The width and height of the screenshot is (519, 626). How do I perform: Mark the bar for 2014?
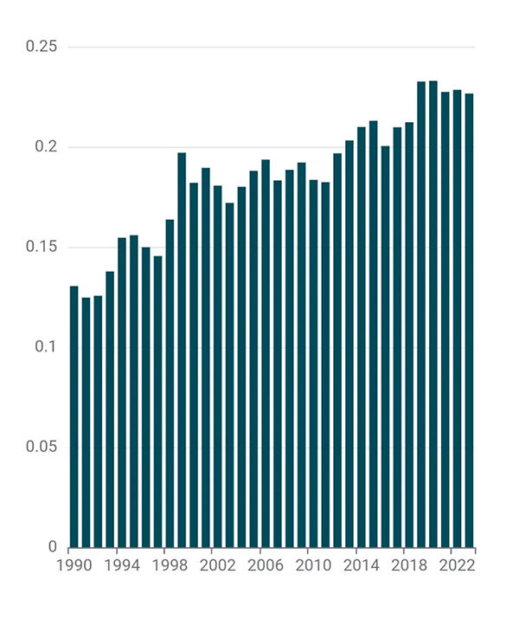(362, 337)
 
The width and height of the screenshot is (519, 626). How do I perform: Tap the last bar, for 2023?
(469, 320)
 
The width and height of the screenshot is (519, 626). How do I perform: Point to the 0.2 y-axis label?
(45, 147)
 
